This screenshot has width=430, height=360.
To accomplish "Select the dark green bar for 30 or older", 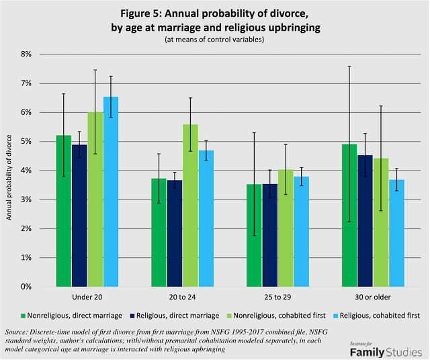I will click(349, 216).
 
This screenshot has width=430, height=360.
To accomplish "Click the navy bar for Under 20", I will click(79, 216).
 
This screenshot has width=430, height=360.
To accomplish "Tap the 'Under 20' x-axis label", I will click(87, 297).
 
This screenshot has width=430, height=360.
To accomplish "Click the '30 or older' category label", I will click(373, 297).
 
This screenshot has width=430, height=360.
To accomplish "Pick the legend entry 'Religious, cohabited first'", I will click(379, 315).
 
